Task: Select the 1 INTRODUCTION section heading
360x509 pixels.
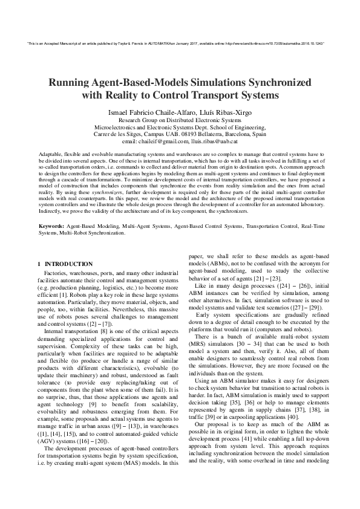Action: pos(65,264)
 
